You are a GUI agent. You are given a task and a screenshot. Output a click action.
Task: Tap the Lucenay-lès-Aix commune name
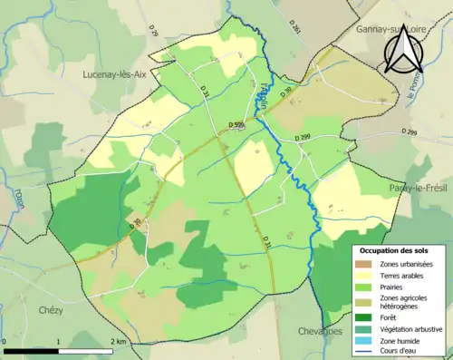coord(120,74)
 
